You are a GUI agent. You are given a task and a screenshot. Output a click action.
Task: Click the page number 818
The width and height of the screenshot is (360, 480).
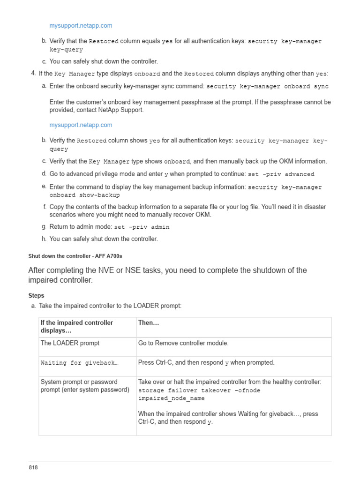[33, 468]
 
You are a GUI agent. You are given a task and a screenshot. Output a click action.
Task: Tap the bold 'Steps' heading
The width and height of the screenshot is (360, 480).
[37, 296]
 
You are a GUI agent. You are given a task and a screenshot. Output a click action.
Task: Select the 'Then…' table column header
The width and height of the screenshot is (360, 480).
[149, 323]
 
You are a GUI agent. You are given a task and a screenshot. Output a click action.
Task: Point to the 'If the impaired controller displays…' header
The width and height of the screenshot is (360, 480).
[77, 327]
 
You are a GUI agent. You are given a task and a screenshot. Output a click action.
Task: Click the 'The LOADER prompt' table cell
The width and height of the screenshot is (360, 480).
[70, 343]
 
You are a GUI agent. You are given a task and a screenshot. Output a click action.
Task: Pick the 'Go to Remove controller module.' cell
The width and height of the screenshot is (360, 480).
[183, 343]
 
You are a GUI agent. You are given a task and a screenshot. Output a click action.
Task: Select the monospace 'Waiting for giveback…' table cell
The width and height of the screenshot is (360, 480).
[79, 363]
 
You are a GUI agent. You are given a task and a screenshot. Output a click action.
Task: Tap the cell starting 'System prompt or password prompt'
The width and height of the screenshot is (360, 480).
[84, 386]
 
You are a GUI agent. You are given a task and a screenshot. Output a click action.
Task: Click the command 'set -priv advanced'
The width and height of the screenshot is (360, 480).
[281, 174]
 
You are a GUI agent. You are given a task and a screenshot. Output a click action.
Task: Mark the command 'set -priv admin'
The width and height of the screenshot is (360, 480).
[142, 227]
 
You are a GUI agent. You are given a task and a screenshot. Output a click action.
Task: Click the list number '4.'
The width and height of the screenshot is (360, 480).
[33, 73]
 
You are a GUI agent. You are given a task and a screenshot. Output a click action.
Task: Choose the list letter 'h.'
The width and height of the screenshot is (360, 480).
[44, 239]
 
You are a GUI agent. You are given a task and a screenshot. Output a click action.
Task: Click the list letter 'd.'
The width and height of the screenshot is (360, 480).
[44, 173]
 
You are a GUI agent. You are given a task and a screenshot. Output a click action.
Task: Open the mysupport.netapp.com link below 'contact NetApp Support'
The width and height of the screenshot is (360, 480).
[81, 125]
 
